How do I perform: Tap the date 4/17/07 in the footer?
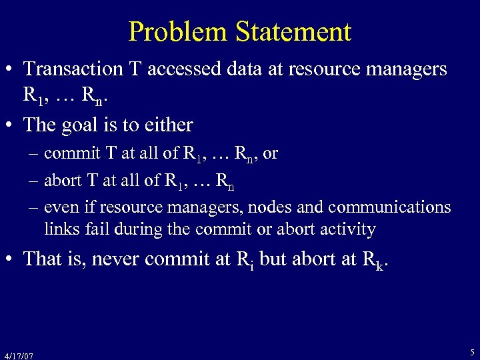[19, 355]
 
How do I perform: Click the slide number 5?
[472, 351]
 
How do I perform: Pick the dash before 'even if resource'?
[34, 207]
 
